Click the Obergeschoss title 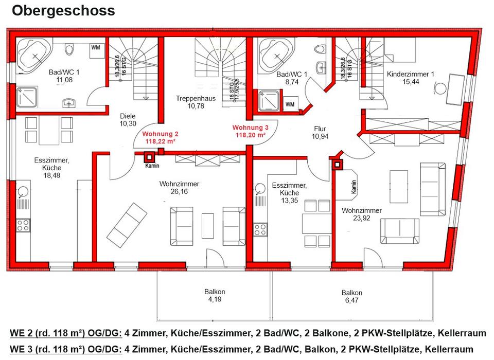[x=63, y=10]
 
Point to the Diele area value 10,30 [x=127, y=124]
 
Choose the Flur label [x=321, y=129]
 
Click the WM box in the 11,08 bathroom [x=96, y=48]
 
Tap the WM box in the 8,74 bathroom [x=290, y=104]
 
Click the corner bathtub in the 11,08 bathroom [x=34, y=54]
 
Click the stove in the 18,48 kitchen [x=23, y=225]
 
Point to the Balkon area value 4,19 [x=215, y=299]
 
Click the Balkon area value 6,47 [x=352, y=301]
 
